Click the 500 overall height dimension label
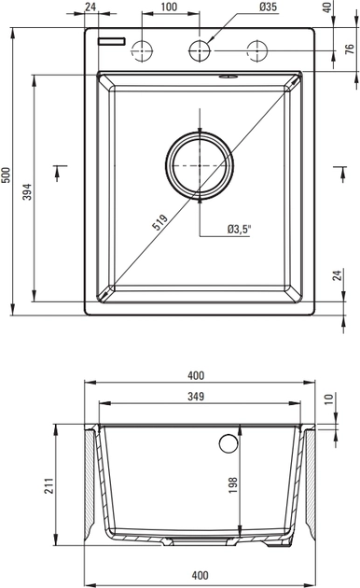(x=7, y=175)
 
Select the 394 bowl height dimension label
(x=27, y=191)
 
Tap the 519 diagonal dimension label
(x=159, y=222)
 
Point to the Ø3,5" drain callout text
(x=239, y=229)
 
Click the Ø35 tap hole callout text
(x=268, y=7)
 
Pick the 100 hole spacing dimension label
(x=169, y=7)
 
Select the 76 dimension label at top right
(x=349, y=49)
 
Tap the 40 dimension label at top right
(x=327, y=7)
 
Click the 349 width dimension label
(x=196, y=396)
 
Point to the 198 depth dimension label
(x=232, y=485)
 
